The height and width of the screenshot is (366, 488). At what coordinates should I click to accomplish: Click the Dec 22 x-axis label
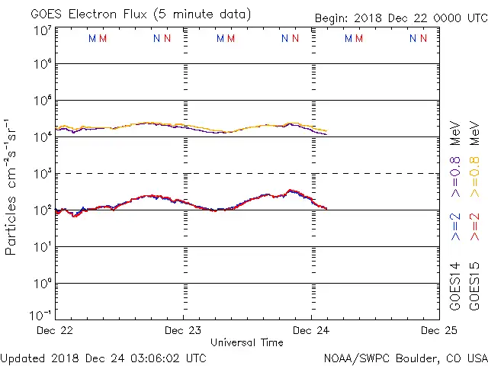click(55, 330)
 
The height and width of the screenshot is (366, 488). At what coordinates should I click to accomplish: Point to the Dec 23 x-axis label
click(183, 330)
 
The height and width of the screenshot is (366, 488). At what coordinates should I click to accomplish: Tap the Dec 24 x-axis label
click(311, 330)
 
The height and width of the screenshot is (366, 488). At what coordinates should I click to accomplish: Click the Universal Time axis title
click(246, 342)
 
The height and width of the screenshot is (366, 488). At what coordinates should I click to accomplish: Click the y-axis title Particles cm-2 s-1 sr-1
click(13, 187)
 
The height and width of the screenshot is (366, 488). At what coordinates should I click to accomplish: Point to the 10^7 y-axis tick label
click(42, 30)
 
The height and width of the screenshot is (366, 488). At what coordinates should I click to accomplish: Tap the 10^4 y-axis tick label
click(42, 136)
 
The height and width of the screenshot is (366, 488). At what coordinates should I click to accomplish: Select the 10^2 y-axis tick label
click(42, 210)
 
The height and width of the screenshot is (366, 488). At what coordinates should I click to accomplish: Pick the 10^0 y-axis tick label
click(42, 283)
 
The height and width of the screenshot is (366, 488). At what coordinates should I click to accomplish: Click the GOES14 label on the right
click(455, 287)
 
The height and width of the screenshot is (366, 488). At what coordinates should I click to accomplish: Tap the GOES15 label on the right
click(474, 287)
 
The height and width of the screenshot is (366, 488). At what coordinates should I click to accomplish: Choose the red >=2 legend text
click(474, 227)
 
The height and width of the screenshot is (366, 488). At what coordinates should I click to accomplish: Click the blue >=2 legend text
click(455, 227)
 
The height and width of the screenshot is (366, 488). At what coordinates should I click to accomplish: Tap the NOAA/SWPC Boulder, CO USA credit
click(405, 357)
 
